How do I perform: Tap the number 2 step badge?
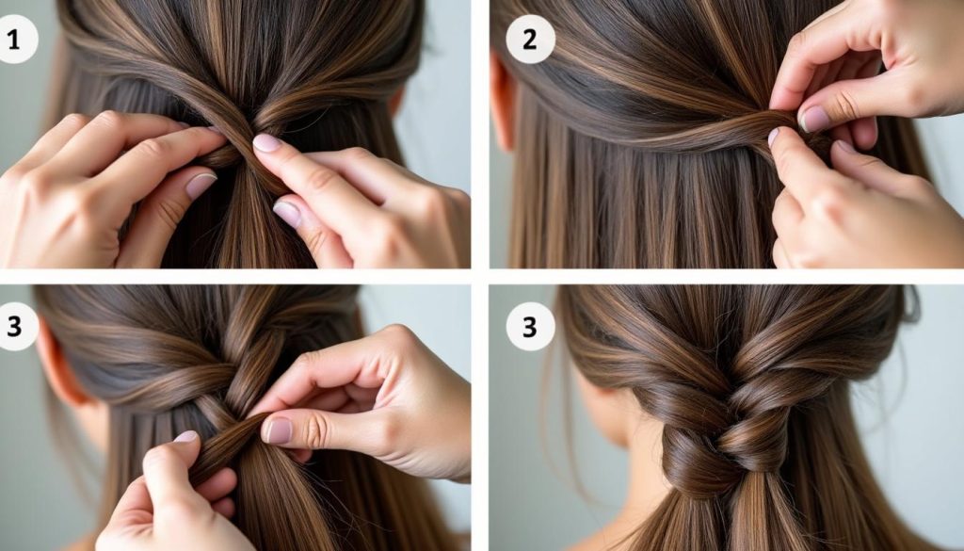530,41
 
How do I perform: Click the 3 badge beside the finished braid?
530,327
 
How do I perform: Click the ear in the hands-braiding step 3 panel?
58,363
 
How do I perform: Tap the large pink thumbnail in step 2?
813,119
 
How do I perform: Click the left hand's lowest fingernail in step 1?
201,186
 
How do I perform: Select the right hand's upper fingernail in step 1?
267,143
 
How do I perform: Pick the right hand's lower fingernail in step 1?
286,215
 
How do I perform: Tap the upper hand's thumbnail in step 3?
279,429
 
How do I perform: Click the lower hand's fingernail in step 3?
185,437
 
